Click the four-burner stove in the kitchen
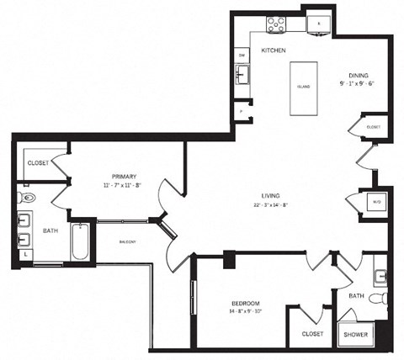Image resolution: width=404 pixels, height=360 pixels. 276,25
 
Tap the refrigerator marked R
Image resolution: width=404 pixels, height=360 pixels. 319,24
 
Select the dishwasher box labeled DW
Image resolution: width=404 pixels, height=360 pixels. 242,56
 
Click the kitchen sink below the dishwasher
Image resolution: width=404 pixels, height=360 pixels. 242,77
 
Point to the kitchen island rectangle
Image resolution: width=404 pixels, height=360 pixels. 304,87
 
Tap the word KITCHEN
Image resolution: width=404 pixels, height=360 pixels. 274,51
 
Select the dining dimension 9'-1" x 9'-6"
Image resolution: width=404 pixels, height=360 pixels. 360,84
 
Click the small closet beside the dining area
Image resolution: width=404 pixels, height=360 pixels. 373,126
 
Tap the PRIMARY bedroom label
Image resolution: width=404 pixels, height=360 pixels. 124,177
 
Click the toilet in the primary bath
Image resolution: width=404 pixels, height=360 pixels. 25,199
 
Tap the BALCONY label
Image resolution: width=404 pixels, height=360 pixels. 128,241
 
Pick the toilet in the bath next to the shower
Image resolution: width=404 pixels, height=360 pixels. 384,299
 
